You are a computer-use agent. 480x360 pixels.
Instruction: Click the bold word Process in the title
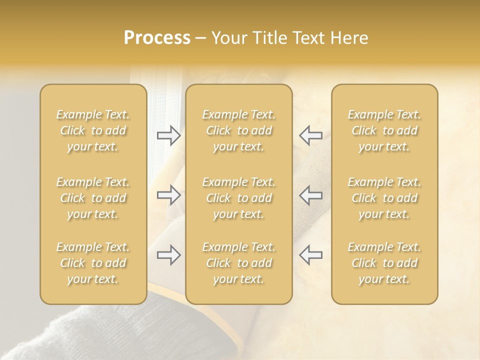click(x=157, y=38)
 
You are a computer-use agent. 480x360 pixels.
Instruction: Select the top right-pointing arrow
click(x=168, y=135)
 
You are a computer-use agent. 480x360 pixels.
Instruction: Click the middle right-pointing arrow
click(x=168, y=195)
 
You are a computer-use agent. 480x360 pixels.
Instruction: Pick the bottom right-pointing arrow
click(x=168, y=255)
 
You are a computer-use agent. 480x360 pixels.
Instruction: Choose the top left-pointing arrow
click(x=310, y=135)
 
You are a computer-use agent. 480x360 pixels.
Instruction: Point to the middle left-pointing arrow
click(x=310, y=195)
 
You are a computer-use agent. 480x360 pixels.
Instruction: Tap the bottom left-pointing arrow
click(x=310, y=255)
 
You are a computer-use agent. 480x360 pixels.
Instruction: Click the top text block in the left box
click(x=93, y=130)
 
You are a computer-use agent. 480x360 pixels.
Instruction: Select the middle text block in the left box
click(x=93, y=198)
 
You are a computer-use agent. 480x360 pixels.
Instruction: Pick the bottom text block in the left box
click(x=93, y=263)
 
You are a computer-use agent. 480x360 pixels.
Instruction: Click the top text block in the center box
click(x=239, y=130)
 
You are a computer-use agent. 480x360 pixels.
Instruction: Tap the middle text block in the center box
click(x=239, y=198)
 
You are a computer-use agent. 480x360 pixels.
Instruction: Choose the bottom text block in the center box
click(x=239, y=263)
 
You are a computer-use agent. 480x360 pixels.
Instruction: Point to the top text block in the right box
click(x=384, y=130)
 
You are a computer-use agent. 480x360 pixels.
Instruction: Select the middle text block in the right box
click(x=384, y=198)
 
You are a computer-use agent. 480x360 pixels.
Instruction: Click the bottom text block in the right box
click(x=384, y=263)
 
